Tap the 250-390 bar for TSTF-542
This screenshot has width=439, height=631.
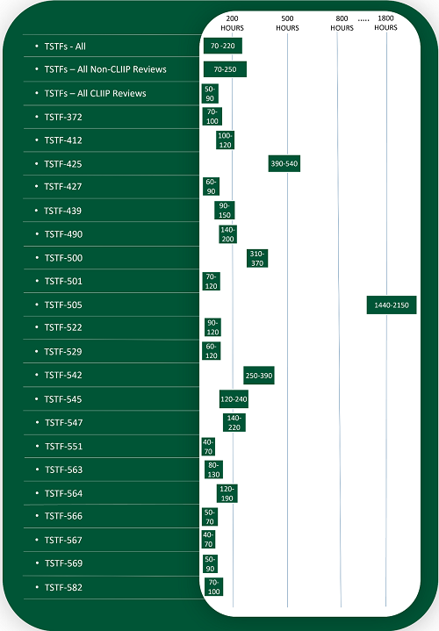point(259,376)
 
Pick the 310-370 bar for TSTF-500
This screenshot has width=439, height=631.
point(256,258)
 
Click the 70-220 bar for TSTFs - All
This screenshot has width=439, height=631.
point(222,46)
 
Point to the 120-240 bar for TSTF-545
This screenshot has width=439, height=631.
point(234,399)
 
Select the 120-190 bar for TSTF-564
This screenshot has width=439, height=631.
point(227,493)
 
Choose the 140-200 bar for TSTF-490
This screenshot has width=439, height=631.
point(228,234)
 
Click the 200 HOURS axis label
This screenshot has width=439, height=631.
point(233,23)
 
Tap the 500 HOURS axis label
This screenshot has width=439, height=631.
point(287,23)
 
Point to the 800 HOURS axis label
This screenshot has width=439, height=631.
point(342,23)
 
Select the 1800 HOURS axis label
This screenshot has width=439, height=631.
point(385,23)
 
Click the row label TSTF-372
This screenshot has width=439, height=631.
point(63,117)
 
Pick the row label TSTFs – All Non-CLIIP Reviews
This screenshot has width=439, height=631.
point(105,69)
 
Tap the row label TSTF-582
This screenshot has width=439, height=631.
point(63,587)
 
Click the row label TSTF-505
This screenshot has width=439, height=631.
point(63,305)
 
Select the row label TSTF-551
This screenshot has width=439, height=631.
point(63,446)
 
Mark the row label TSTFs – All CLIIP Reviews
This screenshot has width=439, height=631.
point(95,93)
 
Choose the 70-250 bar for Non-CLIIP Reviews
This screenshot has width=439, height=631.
point(225,69)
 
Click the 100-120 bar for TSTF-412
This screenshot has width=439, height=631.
point(225,140)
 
